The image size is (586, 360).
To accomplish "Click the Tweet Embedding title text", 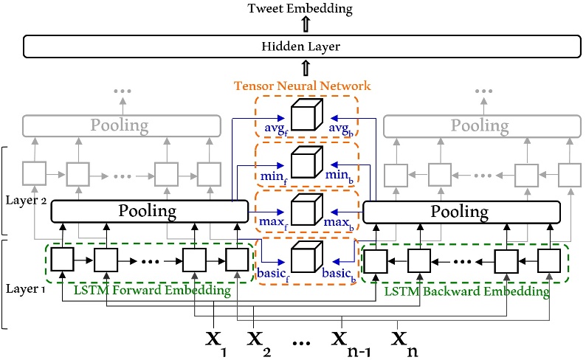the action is pyautogui.click(x=300, y=9).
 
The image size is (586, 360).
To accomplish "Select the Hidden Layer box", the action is pyautogui.click(x=302, y=46).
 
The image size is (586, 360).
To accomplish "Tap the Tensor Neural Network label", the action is pyautogui.click(x=302, y=86).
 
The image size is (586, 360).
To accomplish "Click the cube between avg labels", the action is pyautogui.click(x=307, y=114).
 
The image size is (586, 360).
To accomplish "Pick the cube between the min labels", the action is pyautogui.click(x=307, y=162).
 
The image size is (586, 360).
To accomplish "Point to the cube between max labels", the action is pyautogui.click(x=307, y=210).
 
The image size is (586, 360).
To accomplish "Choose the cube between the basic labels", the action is pyautogui.click(x=307, y=257).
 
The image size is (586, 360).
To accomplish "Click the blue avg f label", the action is pyautogui.click(x=276, y=129).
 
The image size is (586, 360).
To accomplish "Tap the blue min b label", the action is pyautogui.click(x=339, y=176).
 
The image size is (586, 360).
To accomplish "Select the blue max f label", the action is pyautogui.click(x=273, y=223).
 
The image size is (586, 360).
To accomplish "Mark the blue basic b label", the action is pyautogui.click(x=339, y=274).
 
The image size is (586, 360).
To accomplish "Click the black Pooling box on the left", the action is pyautogui.click(x=150, y=212).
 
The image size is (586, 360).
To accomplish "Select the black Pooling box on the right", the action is pyautogui.click(x=461, y=212).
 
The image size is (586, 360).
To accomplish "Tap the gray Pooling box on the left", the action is pyautogui.click(x=122, y=125).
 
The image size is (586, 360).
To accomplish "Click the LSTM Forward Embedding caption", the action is pyautogui.click(x=152, y=291).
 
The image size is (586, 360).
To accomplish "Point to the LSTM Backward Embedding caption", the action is pyautogui.click(x=466, y=291).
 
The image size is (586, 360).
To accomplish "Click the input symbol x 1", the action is pyautogui.click(x=216, y=343).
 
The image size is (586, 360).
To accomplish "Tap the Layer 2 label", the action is pyautogui.click(x=26, y=201).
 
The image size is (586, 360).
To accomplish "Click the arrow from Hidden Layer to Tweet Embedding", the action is pyautogui.click(x=306, y=24).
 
